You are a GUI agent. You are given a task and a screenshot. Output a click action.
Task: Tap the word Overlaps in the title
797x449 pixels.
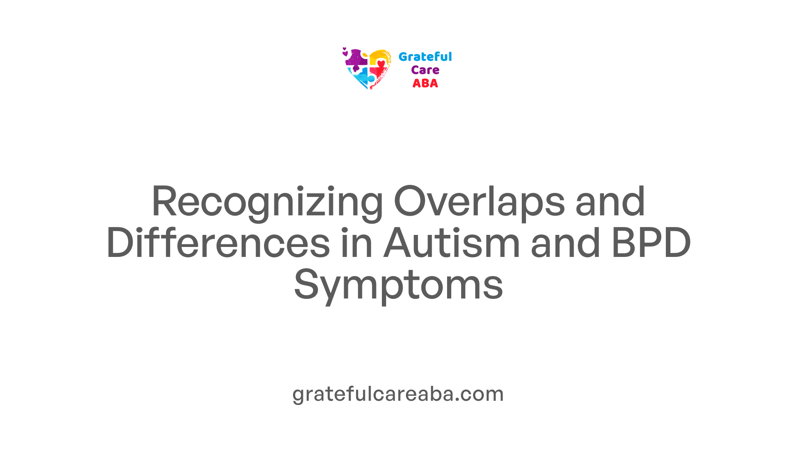coord(479,202)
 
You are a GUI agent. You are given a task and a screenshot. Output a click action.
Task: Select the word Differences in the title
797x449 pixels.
coord(218,243)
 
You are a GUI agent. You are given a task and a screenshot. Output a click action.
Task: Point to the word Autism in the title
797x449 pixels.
coord(452,243)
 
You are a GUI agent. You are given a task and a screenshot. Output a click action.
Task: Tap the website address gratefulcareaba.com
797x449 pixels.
coord(398,394)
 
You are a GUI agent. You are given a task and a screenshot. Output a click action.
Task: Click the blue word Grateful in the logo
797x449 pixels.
coord(425,57)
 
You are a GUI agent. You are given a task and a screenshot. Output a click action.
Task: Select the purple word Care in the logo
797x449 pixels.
coord(425,70)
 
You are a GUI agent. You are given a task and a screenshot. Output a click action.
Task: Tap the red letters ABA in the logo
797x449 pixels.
coord(425,84)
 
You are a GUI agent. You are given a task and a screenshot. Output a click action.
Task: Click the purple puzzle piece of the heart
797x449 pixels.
coord(357,58)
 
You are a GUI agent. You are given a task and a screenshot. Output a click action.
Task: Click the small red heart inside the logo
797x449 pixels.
coord(381,64)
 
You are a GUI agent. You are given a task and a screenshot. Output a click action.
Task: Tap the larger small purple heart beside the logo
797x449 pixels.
coord(345,53)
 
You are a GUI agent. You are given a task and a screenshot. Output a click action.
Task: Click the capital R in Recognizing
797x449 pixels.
coord(164,202)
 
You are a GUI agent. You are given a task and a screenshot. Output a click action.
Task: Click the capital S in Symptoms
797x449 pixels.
coord(306,285)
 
